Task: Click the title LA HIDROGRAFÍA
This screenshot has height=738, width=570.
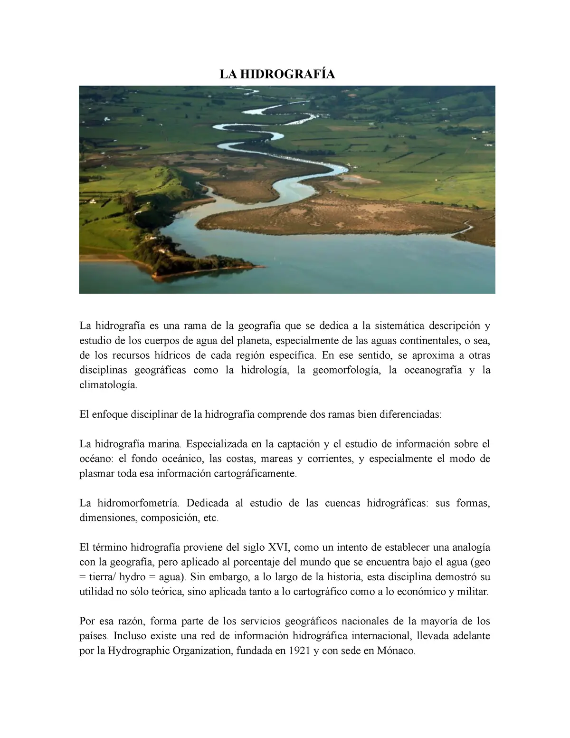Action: tap(277, 74)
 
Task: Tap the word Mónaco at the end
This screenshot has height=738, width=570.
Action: tap(396, 651)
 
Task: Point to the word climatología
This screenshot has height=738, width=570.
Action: tap(108, 385)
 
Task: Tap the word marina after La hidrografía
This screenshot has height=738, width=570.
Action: tap(164, 444)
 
